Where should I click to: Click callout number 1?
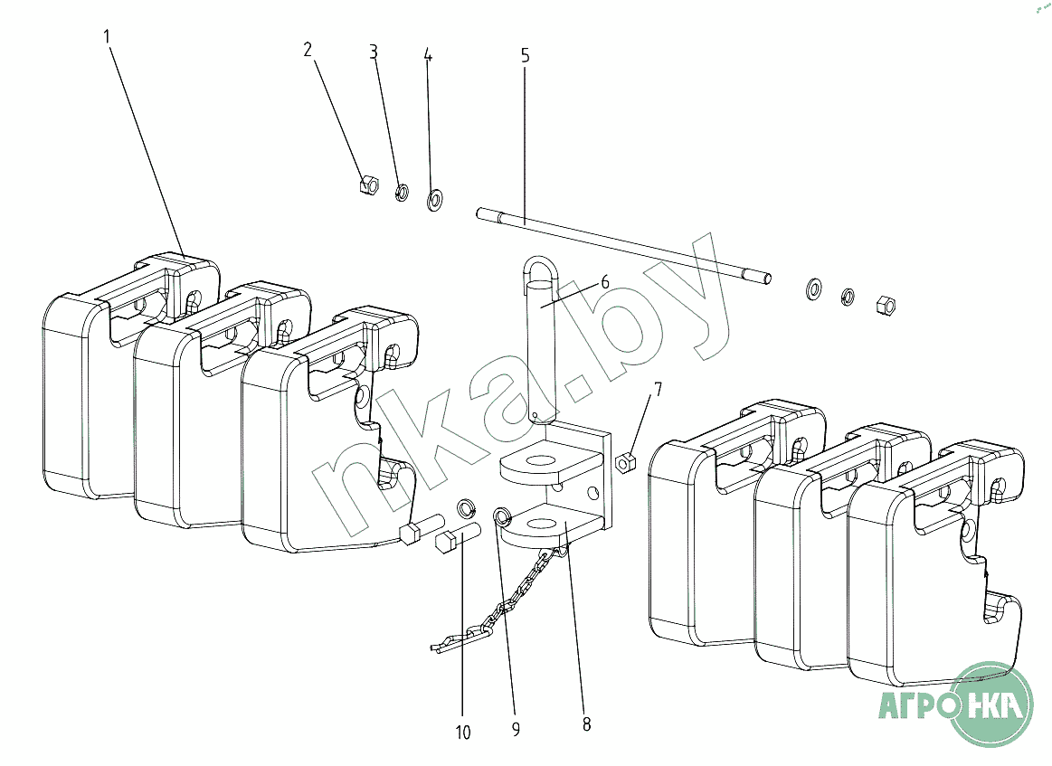pos(106,36)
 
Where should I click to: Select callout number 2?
pos(308,50)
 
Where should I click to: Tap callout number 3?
pos(374,52)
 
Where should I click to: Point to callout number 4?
pos(428,55)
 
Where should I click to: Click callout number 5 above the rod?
pos(525,56)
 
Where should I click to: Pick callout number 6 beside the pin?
pos(604,282)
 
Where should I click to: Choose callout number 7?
pos(658,389)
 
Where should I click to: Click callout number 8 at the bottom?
pos(586,724)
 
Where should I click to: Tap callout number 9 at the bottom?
pos(516,729)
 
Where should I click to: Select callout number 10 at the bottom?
pos(463,733)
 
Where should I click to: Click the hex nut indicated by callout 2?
pos(368,184)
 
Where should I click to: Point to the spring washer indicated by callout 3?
pos(402,193)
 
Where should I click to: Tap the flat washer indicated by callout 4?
pos(435,199)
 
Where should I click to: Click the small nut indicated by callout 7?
pos(625,463)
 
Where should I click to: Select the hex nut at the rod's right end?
pos(886,306)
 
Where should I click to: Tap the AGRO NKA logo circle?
pos(993,705)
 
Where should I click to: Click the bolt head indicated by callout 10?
pos(446,542)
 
